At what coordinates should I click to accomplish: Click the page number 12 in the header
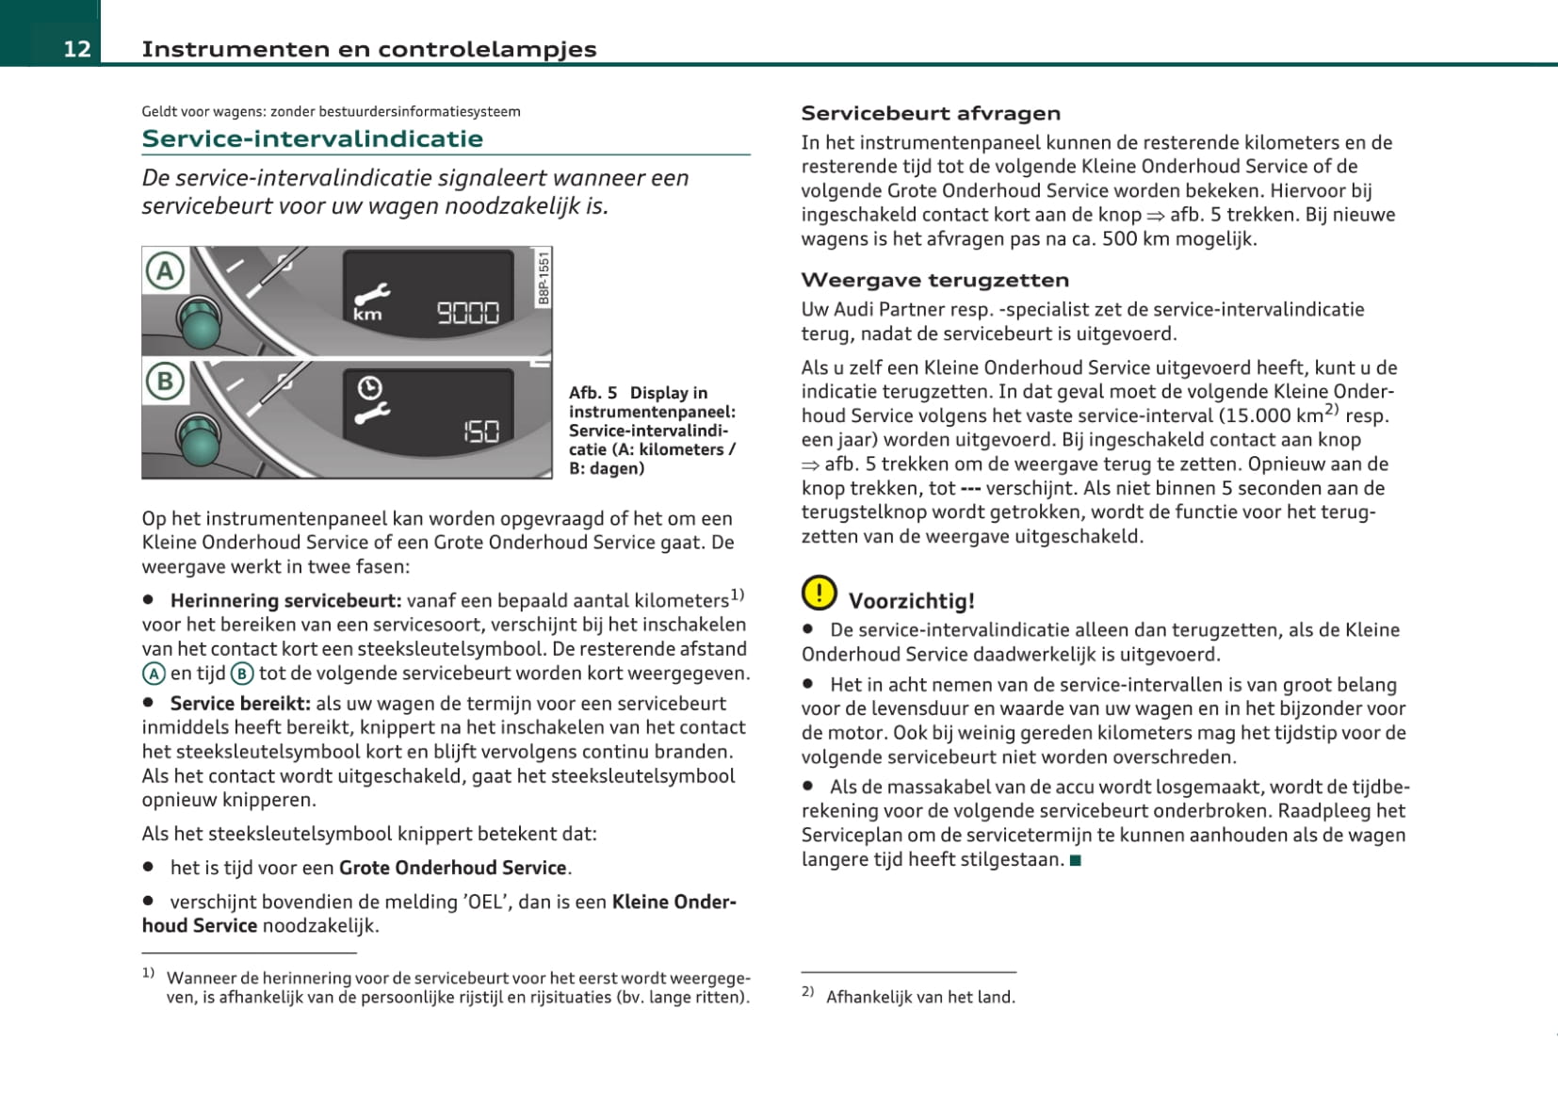coord(77,49)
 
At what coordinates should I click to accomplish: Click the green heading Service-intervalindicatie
coord(312,138)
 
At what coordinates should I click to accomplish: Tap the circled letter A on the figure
coord(165,271)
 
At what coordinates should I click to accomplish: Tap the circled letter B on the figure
coord(165,382)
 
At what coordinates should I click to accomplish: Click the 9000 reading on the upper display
coord(467,312)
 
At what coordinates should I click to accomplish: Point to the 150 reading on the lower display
coord(480,431)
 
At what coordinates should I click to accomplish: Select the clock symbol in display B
coord(369,387)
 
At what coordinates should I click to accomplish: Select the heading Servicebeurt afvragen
coord(931,113)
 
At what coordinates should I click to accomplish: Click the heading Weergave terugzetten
coord(934,280)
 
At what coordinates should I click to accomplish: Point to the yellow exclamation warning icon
coord(819,593)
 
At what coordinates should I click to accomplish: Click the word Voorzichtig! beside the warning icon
coord(911,601)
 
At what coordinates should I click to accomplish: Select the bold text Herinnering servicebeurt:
coord(285,600)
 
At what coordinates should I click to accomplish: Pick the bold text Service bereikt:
coord(240,703)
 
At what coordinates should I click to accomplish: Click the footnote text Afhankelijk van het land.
coord(920,997)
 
